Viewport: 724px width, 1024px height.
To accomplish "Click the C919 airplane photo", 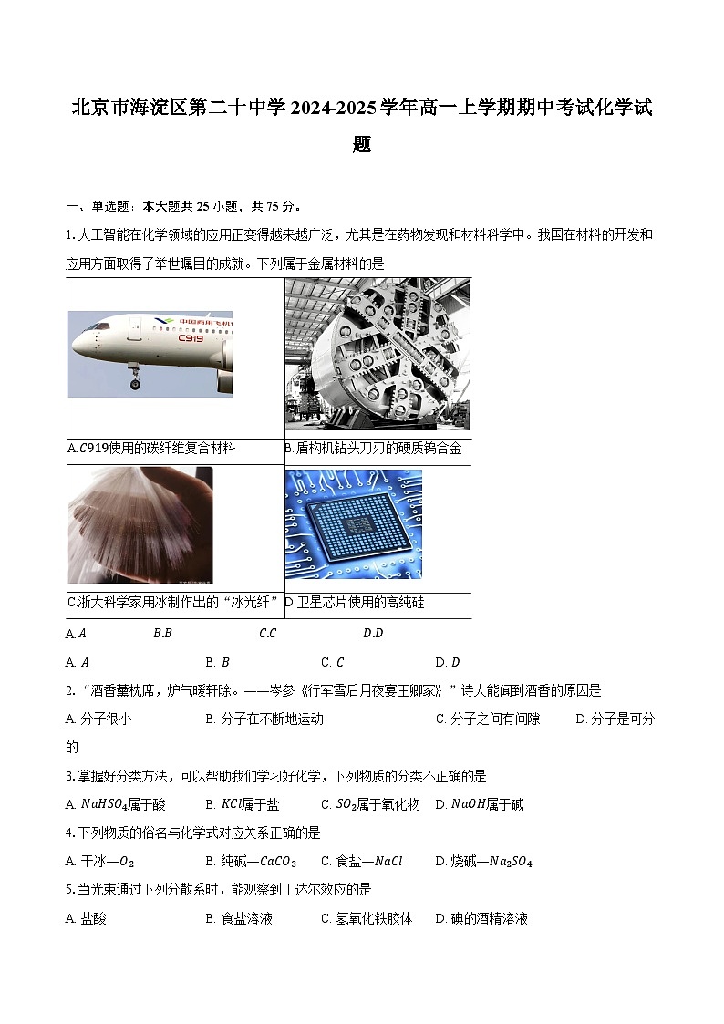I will pos(150,354).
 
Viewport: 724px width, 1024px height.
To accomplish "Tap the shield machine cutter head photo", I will pos(378,354).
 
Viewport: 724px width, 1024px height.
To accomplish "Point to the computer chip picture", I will pos(354,524).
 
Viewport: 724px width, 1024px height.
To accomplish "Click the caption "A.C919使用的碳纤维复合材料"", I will pos(151,449).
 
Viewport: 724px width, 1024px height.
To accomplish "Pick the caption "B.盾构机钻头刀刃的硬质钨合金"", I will pos(373,449).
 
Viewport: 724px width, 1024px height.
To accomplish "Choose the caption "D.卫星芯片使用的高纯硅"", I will pos(355,603).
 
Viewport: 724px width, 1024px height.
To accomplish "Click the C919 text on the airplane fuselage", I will pos(190,338).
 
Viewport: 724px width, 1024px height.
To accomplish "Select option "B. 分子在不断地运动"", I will pos(264,719).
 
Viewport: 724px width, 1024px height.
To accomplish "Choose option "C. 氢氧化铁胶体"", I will pos(367,918).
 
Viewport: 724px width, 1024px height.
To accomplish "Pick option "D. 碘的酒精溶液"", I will pos(481,918).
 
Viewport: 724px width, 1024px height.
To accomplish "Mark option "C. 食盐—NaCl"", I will pos(361,861).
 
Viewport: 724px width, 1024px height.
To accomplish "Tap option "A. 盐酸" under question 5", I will pos(87,918).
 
